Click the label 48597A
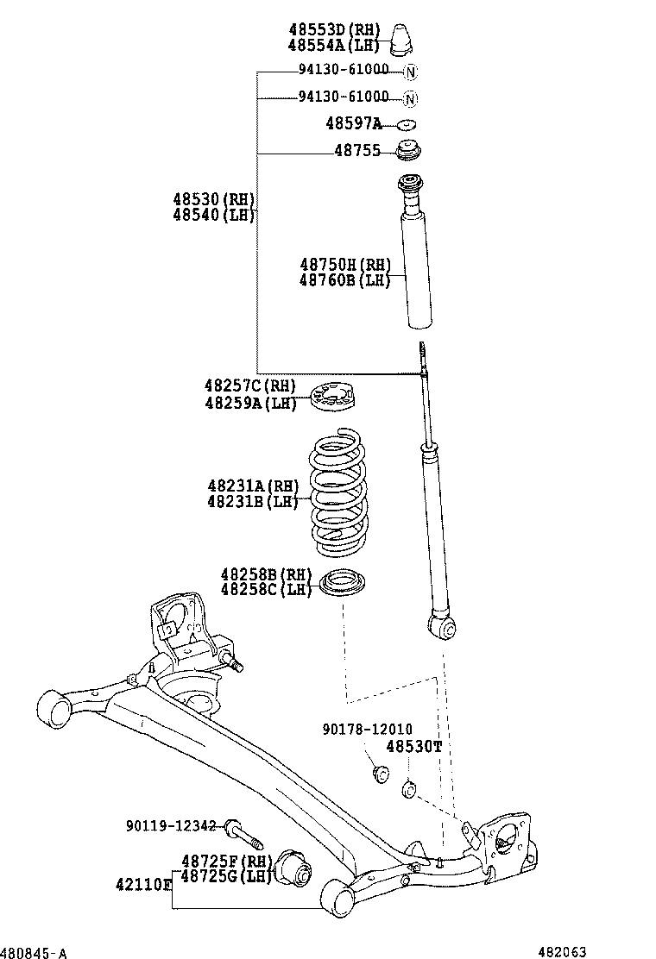tap(354, 124)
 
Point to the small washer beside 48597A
tap(408, 124)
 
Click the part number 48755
tap(357, 151)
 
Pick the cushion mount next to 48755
tap(408, 150)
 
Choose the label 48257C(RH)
tap(249, 385)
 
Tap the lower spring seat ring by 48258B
tap(343, 584)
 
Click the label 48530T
tap(413, 746)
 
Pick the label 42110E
tap(144, 884)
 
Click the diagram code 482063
tap(562, 951)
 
